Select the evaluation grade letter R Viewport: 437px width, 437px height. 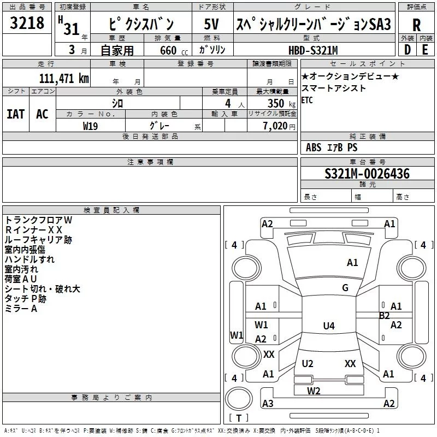pyautogui.click(x=416, y=25)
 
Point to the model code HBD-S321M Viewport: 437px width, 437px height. pyautogui.click(x=313, y=50)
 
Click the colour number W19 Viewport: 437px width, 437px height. pyautogui.click(x=91, y=126)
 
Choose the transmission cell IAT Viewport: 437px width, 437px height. pyautogui.click(x=15, y=114)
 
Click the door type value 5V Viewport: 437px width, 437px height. pyautogui.click(x=212, y=25)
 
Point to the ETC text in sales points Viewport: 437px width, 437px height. pyautogui.click(x=307, y=100)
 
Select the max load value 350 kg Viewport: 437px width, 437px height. pyautogui.click(x=278, y=104)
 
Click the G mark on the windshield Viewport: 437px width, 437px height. pyautogui.click(x=345, y=288)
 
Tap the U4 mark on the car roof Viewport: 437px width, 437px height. pyautogui.click(x=328, y=326)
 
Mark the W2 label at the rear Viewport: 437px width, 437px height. pyautogui.click(x=314, y=391)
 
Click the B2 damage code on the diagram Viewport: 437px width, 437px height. pyautogui.click(x=385, y=315)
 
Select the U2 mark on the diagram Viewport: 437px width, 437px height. pyautogui.click(x=308, y=364)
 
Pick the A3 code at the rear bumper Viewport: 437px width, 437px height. pyautogui.click(x=268, y=404)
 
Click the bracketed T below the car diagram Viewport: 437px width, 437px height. pyautogui.click(x=239, y=418)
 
